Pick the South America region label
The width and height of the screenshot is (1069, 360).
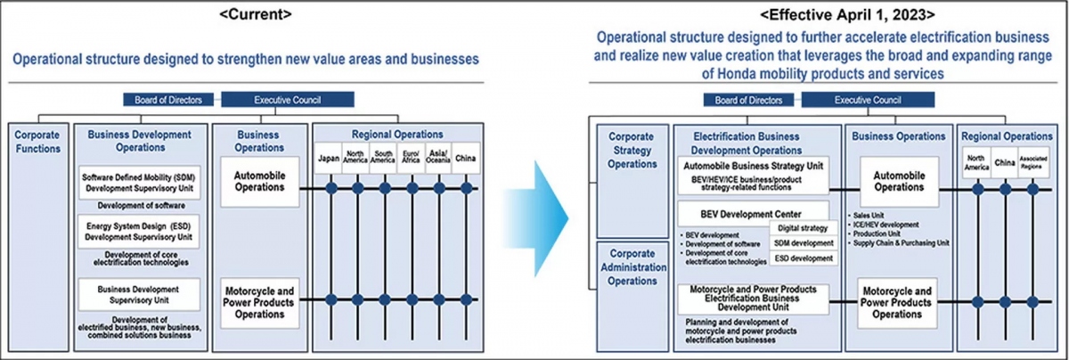point(385,159)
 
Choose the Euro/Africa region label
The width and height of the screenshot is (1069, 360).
point(412,159)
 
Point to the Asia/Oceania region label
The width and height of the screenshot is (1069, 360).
point(439,159)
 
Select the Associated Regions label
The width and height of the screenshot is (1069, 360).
point(1033,164)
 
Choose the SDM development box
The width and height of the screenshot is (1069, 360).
point(805,242)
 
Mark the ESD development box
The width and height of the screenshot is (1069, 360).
point(805,258)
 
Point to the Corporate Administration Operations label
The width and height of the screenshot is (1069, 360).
point(631,266)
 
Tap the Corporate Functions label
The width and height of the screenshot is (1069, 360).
point(37,142)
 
